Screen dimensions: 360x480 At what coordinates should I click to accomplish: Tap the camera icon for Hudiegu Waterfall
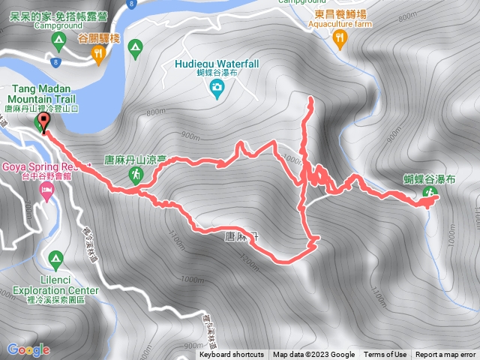217,90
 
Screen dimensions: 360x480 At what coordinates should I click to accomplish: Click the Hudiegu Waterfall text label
217,64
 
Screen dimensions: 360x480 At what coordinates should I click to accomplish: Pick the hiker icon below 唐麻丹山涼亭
135,175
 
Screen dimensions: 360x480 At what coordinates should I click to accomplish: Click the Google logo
28,349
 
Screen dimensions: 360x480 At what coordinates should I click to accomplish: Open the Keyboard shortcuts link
232,355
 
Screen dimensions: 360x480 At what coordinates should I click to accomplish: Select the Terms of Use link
385,355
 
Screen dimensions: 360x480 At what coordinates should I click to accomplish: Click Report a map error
445,355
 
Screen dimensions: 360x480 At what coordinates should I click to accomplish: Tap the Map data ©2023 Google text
313,355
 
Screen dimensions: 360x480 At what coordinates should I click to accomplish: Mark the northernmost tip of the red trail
310,98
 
